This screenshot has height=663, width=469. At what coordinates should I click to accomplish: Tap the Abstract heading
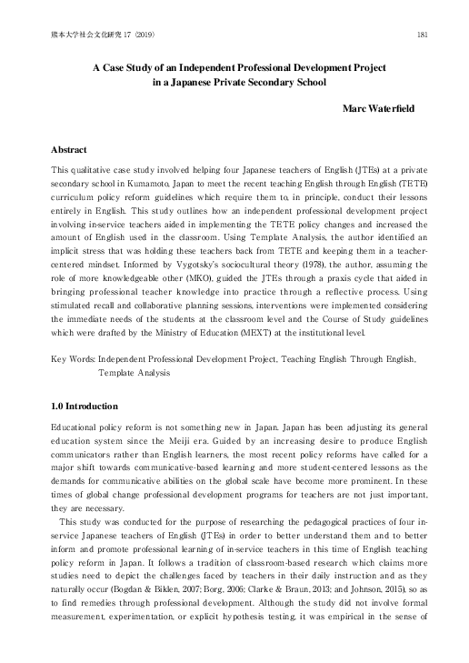(69, 148)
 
